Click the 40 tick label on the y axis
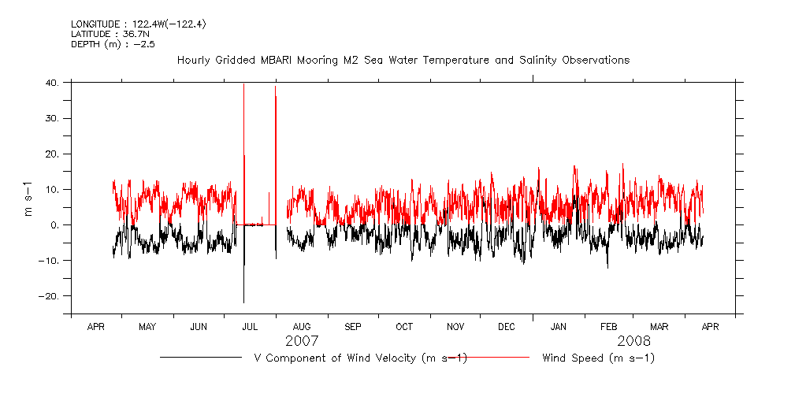point(52,82)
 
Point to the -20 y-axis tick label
point(49,296)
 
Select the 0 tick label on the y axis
point(55,225)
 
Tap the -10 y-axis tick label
point(49,261)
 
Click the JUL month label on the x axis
point(250,327)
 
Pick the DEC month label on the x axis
point(507,327)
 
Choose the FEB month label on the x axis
point(609,327)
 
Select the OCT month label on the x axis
point(404,327)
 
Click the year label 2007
point(302,341)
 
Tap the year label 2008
point(634,341)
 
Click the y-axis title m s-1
point(29,198)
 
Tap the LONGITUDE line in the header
point(138,24)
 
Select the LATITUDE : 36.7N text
point(104,35)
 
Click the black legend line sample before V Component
point(200,358)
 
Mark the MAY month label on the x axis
point(147,327)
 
